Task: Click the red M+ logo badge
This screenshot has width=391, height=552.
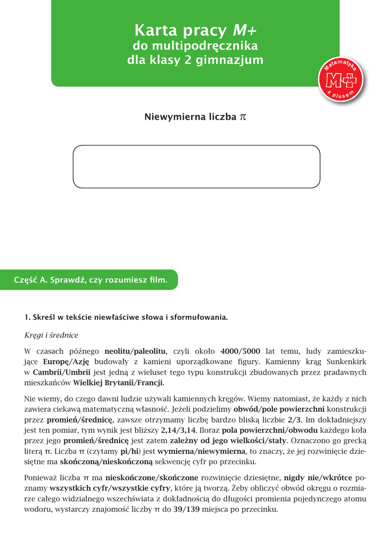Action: [342, 81]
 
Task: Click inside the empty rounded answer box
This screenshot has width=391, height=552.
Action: [196, 166]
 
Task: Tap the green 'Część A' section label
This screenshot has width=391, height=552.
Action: [91, 280]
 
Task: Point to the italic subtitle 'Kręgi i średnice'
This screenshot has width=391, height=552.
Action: [51, 335]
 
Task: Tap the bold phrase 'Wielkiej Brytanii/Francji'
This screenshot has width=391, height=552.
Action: [118, 383]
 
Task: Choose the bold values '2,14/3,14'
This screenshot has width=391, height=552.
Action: [178, 431]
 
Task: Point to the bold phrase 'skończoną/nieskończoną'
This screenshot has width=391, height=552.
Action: [107, 461]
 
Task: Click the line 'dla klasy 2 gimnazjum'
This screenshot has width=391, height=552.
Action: [195, 60]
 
